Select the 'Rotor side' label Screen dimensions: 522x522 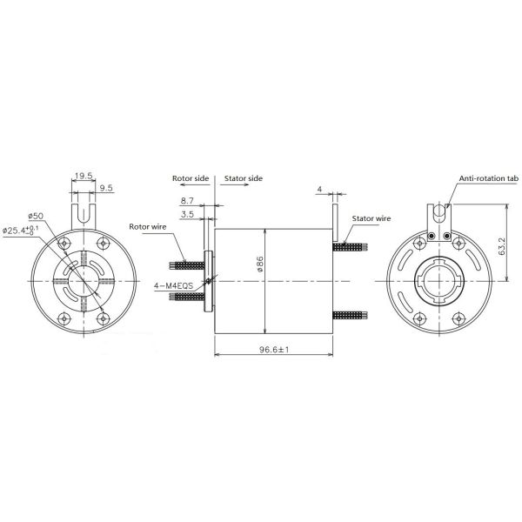point(190,177)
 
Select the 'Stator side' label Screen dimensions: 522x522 point(244,177)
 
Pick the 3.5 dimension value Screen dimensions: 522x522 point(187,213)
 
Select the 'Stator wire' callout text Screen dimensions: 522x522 point(371,219)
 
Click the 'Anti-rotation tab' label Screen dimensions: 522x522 point(488,177)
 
